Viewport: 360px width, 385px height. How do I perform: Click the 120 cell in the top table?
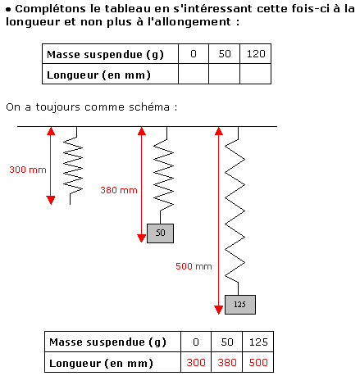pyautogui.click(x=256, y=54)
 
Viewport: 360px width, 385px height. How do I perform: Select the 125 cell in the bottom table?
pyautogui.click(x=257, y=342)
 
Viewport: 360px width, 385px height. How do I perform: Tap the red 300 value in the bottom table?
pyautogui.click(x=196, y=362)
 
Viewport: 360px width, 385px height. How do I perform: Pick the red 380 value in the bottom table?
pyautogui.click(x=227, y=362)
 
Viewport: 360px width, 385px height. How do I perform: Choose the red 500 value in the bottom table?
pyautogui.click(x=258, y=362)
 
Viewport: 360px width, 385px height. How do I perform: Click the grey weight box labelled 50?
pyautogui.click(x=160, y=233)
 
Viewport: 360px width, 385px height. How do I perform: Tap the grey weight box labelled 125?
pyautogui.click(x=240, y=305)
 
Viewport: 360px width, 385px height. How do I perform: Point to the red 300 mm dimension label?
pyautogui.click(x=28, y=170)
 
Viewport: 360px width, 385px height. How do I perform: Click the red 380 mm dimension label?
pyautogui.click(x=119, y=190)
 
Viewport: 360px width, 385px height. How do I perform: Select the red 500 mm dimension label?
pyautogui.click(x=194, y=266)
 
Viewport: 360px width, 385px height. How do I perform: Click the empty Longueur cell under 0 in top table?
pyautogui.click(x=194, y=74)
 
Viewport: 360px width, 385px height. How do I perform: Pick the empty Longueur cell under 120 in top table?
pyautogui.click(x=256, y=74)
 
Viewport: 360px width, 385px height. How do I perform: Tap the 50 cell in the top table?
pyautogui.click(x=225, y=54)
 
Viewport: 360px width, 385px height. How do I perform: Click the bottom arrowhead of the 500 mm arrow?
pyautogui.click(x=218, y=310)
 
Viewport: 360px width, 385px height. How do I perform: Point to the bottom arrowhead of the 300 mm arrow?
pyautogui.click(x=51, y=201)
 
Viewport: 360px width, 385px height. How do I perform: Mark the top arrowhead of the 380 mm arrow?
pyautogui.click(x=141, y=131)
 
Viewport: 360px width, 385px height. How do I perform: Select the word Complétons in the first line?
pyautogui.click(x=51, y=9)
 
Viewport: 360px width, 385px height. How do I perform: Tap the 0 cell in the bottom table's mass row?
pyautogui.click(x=196, y=342)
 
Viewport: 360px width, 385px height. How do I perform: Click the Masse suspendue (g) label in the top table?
pyautogui.click(x=105, y=54)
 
